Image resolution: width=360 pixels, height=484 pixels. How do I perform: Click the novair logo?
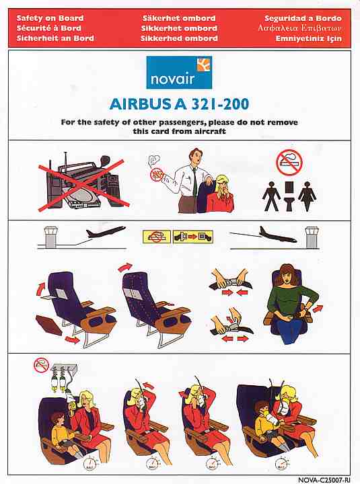point(179,72)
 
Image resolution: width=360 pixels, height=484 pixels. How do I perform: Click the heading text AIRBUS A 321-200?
point(179,104)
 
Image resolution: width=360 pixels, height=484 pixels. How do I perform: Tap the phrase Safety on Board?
point(50,18)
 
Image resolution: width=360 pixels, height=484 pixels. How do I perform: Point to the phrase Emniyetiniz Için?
point(308,38)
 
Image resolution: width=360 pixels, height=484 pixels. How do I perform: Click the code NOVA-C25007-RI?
point(324,480)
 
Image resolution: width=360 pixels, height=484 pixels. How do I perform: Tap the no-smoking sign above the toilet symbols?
point(289,163)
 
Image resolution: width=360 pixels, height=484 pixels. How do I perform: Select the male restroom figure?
point(271,196)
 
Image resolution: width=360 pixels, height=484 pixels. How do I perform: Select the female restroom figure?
point(307,196)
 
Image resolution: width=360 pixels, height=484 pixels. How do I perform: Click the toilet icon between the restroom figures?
point(289,196)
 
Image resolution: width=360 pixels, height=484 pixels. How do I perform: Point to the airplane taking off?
point(106,232)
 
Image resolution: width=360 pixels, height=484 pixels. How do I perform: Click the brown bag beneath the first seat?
point(49,325)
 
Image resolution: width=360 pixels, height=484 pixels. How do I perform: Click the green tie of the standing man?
point(194,182)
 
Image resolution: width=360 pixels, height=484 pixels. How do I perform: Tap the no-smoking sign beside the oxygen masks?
point(42,366)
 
